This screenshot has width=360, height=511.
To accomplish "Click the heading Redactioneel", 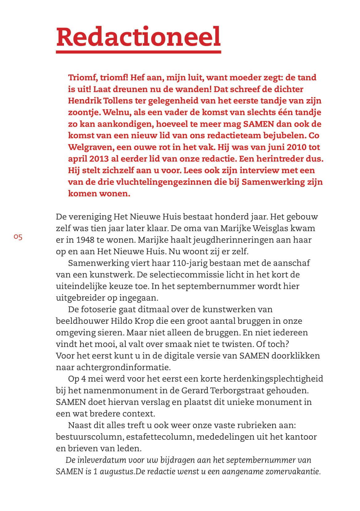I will coord(138,37).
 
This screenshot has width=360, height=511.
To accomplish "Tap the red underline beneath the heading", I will coord(138,52).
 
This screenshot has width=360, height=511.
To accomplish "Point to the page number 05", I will coord(18,237).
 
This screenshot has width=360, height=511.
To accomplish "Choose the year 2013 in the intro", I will coord(99,159).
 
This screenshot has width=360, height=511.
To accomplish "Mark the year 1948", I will coord(85,240).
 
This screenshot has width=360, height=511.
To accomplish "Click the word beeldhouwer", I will coord(82,321).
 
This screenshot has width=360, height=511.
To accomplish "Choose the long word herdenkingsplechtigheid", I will coord(273,379).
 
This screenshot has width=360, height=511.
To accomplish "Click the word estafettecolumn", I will coord(160,437).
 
